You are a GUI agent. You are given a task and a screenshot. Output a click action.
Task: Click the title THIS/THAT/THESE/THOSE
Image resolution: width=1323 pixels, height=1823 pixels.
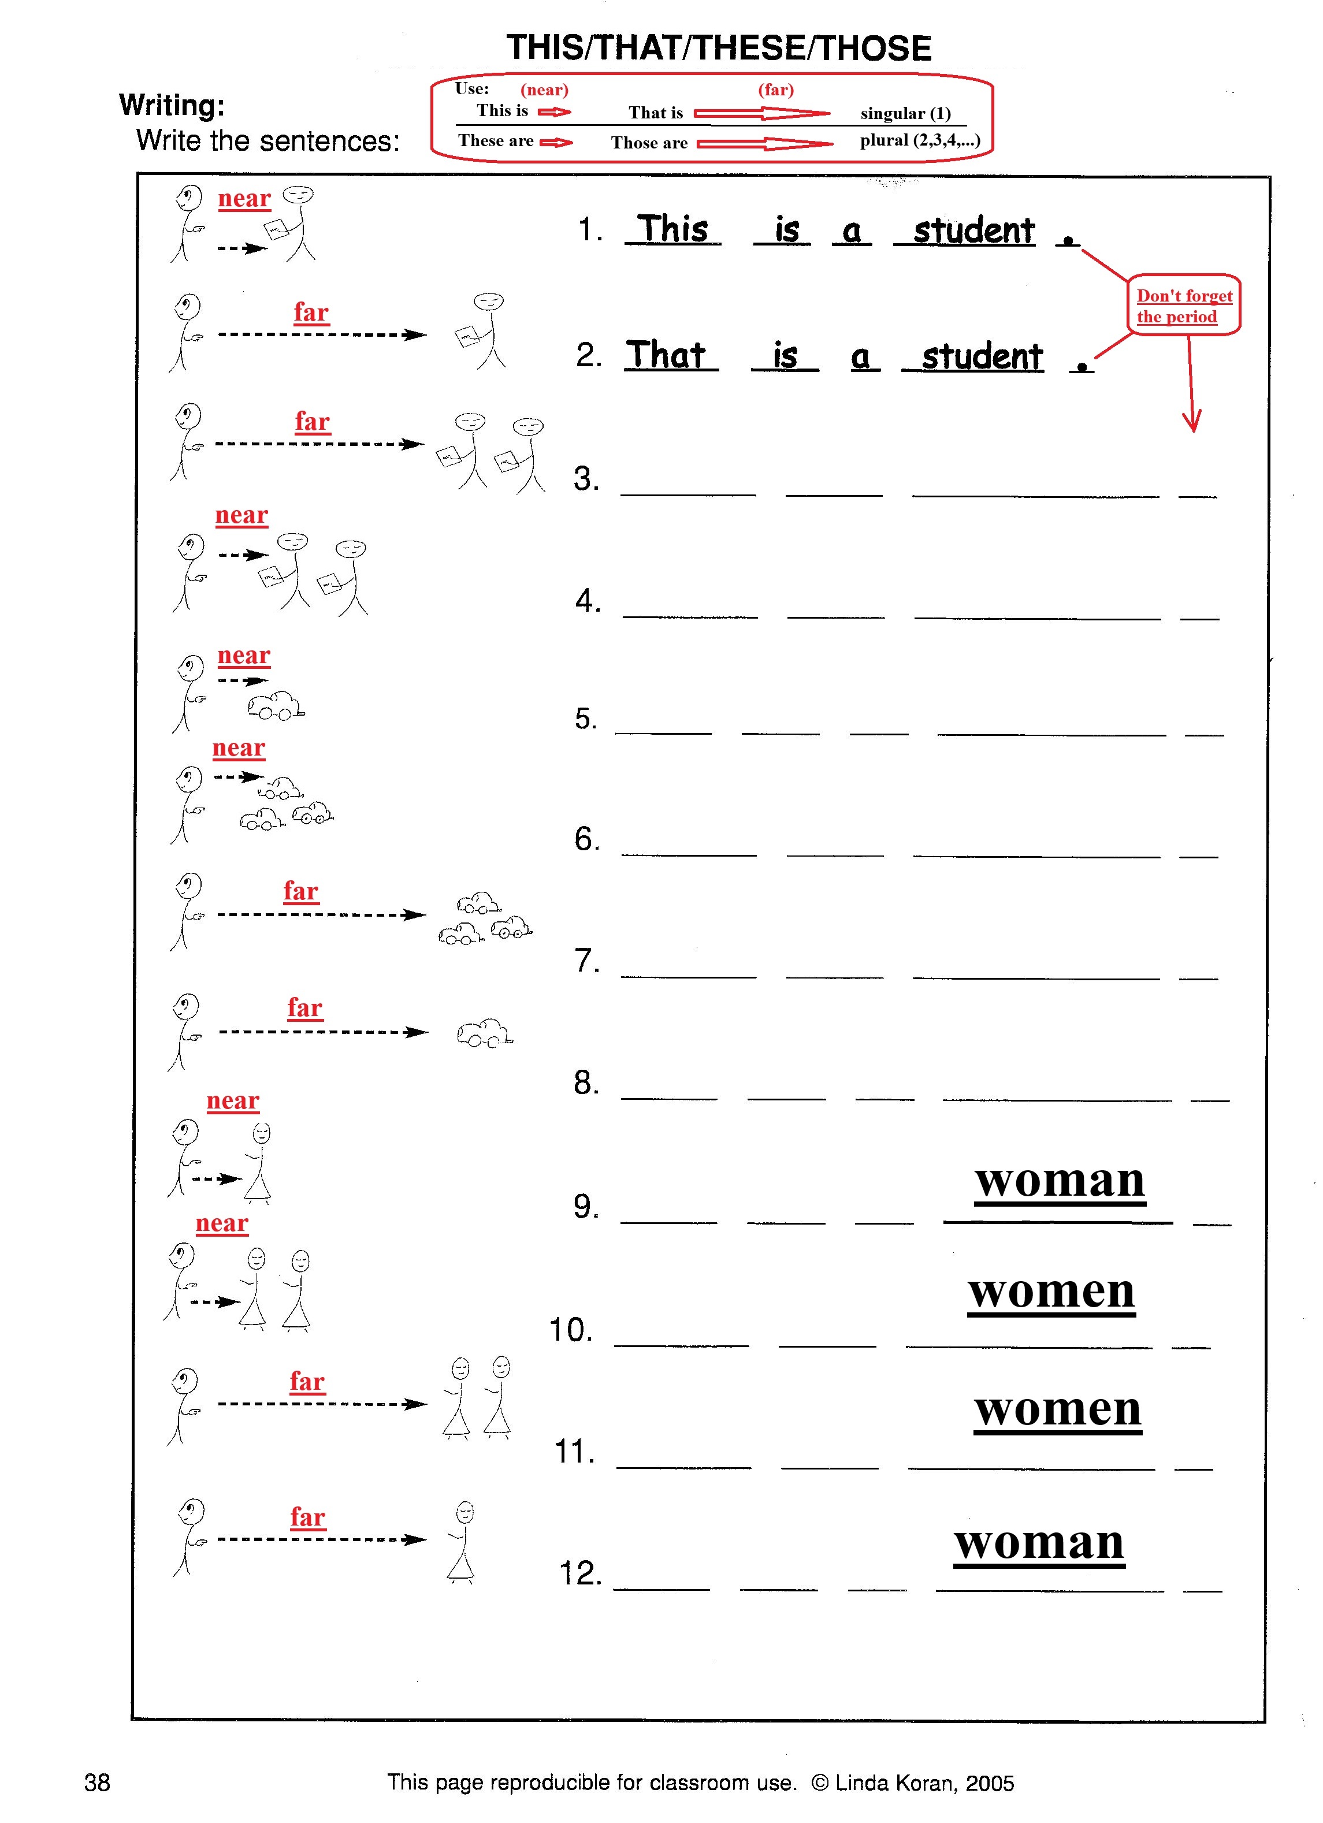[719, 48]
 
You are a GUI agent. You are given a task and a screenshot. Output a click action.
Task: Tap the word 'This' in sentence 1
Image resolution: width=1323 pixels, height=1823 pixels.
[672, 229]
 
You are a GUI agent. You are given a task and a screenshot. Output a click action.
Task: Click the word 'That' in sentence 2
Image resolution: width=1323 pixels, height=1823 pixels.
[666, 355]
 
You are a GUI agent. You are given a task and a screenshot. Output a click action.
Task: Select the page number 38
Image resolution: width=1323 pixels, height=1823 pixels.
[97, 1782]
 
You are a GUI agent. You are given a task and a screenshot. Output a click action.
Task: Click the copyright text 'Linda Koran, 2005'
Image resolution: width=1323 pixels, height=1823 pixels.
[924, 1783]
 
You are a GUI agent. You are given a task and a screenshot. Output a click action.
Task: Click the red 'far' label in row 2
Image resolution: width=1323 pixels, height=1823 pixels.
[311, 312]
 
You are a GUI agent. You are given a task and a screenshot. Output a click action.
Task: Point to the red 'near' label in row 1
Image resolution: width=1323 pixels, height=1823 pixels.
[244, 199]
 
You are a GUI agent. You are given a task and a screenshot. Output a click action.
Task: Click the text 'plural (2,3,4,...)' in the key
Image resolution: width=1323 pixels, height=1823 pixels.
[920, 141]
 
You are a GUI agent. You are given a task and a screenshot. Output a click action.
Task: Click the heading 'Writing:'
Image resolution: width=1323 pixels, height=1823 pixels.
[172, 105]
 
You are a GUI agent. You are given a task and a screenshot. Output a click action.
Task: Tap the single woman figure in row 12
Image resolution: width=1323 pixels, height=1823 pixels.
[463, 1542]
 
